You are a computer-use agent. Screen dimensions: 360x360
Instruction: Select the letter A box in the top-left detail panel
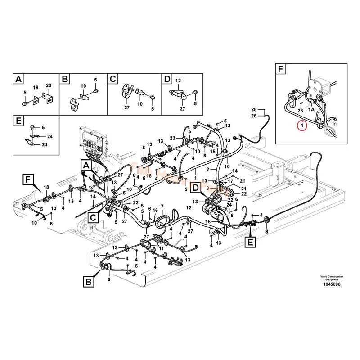(x=18, y=79)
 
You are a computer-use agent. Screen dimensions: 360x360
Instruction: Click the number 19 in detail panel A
(x=36, y=87)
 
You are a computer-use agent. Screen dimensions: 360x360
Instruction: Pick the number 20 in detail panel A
(x=49, y=86)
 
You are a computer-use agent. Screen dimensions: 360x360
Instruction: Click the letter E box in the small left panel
(x=18, y=121)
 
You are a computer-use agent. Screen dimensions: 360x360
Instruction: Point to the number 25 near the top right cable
(x=254, y=110)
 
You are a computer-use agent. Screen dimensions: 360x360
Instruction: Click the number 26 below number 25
(x=254, y=116)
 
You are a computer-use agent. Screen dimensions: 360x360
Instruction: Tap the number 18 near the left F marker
(x=45, y=187)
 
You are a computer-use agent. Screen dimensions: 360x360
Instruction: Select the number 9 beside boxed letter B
(x=108, y=279)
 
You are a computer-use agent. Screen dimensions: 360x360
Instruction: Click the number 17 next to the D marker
(x=230, y=182)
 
